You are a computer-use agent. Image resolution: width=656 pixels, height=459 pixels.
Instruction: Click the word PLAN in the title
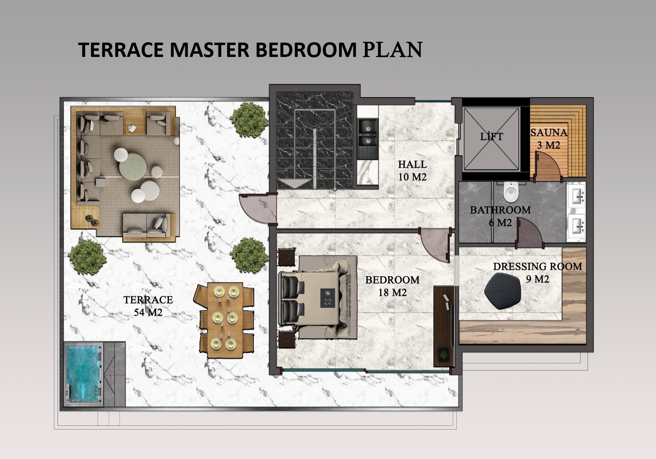click(392, 50)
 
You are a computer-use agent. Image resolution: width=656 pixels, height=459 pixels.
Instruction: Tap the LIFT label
click(492, 136)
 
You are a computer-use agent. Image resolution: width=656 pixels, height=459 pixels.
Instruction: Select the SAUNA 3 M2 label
click(549, 139)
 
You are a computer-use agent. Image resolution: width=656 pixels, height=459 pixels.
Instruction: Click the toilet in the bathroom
click(511, 192)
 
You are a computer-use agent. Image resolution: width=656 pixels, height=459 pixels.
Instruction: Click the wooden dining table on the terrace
click(225, 320)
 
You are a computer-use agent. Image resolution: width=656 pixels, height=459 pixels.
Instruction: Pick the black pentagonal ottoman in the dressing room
click(503, 291)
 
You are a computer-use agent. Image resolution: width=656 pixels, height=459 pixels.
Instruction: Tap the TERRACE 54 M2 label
click(148, 306)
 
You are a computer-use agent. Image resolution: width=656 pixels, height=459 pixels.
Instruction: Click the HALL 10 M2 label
click(412, 170)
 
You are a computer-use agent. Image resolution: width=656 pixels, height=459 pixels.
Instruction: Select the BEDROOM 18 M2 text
click(392, 286)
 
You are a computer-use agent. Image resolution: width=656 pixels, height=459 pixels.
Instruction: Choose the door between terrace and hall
click(258, 208)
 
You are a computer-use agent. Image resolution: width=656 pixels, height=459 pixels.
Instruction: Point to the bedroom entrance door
click(435, 244)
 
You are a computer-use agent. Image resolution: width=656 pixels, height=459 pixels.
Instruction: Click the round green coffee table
click(133, 166)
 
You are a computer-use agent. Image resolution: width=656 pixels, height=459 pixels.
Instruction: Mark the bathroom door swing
click(529, 233)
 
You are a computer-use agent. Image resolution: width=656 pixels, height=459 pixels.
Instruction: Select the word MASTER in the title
click(210, 50)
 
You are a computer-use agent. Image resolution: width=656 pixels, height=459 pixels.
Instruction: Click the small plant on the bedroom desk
click(443, 354)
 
